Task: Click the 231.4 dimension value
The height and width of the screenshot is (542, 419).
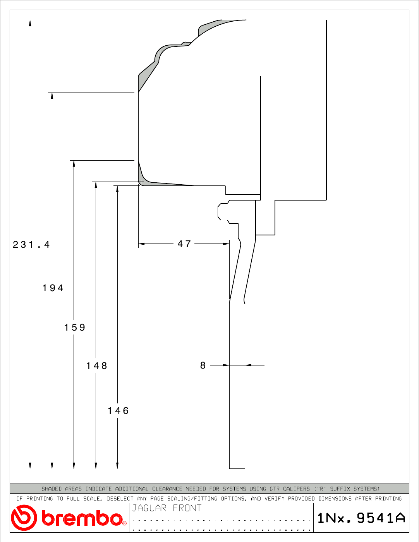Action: [31, 245]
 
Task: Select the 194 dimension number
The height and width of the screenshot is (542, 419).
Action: [53, 288]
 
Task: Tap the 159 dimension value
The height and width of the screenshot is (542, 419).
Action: [75, 328]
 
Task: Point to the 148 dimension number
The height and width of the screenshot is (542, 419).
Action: [96, 366]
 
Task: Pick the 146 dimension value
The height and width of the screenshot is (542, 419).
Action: [118, 410]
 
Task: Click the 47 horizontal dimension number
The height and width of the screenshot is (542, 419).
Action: [184, 244]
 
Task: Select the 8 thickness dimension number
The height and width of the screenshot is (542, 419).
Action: [203, 365]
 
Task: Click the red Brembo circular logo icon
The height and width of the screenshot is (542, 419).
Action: [24, 518]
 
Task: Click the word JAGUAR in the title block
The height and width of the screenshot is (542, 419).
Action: [149, 508]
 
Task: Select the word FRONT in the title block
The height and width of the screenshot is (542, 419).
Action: [187, 508]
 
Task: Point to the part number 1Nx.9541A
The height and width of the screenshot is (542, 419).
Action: [361, 518]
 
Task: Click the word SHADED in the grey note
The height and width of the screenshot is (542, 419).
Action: [52, 489]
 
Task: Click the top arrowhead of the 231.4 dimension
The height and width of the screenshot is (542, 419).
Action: [30, 23]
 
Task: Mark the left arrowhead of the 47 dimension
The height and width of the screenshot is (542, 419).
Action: [141, 244]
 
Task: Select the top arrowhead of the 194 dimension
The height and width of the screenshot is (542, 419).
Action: [52, 96]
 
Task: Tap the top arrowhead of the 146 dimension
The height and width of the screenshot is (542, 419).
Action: [117, 189]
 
